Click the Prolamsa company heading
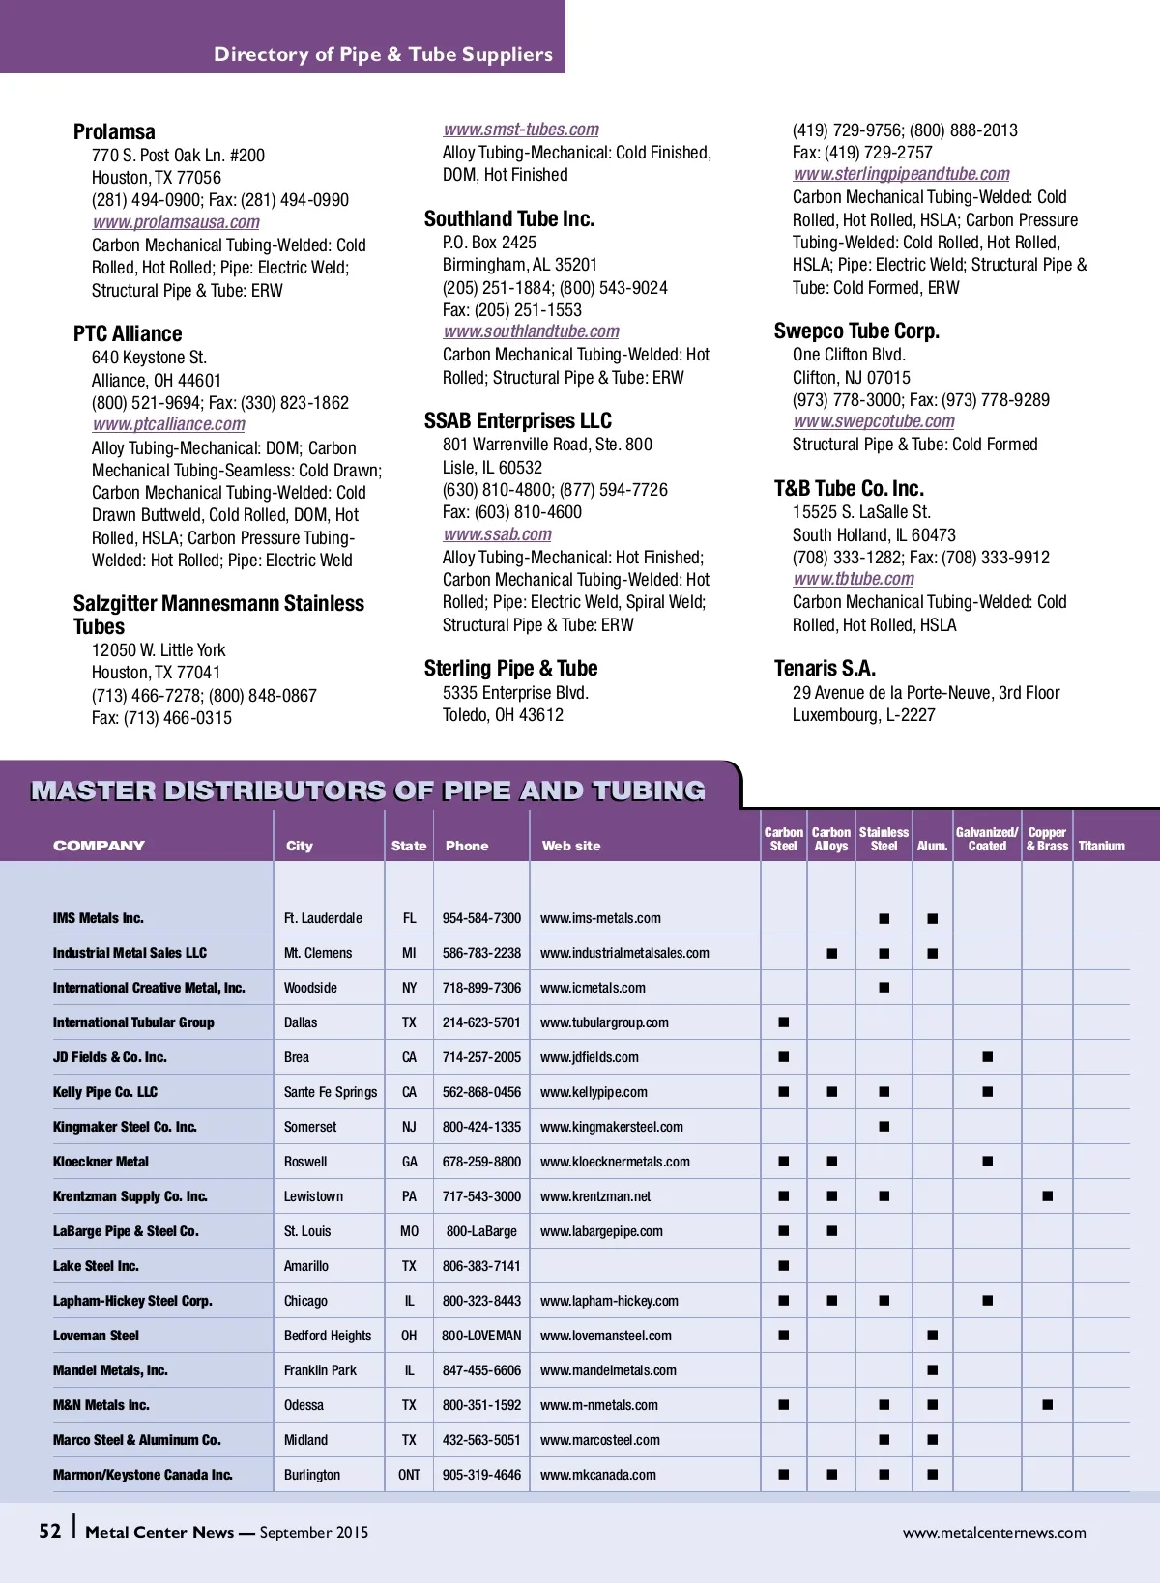coord(114,131)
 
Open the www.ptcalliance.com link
coord(169,424)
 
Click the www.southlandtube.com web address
coord(531,331)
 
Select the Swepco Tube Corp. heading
coord(856,331)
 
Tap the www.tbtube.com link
coord(854,579)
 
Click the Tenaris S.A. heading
coord(825,669)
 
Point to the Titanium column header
coord(1101,846)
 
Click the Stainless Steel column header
coord(884,839)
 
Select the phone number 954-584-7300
coord(481,918)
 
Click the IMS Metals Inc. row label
coord(99,918)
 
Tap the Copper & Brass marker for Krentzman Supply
coord(1047,1196)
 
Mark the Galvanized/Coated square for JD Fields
coord(987,1057)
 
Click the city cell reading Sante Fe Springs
coord(331,1092)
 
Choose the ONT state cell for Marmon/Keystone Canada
coord(409,1475)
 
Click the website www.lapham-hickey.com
coord(609,1301)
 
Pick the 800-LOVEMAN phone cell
coord(481,1336)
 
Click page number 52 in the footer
coord(49,1532)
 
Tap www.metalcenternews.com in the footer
coord(994,1533)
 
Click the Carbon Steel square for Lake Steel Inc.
coord(783,1266)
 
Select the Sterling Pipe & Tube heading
coord(510,669)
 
